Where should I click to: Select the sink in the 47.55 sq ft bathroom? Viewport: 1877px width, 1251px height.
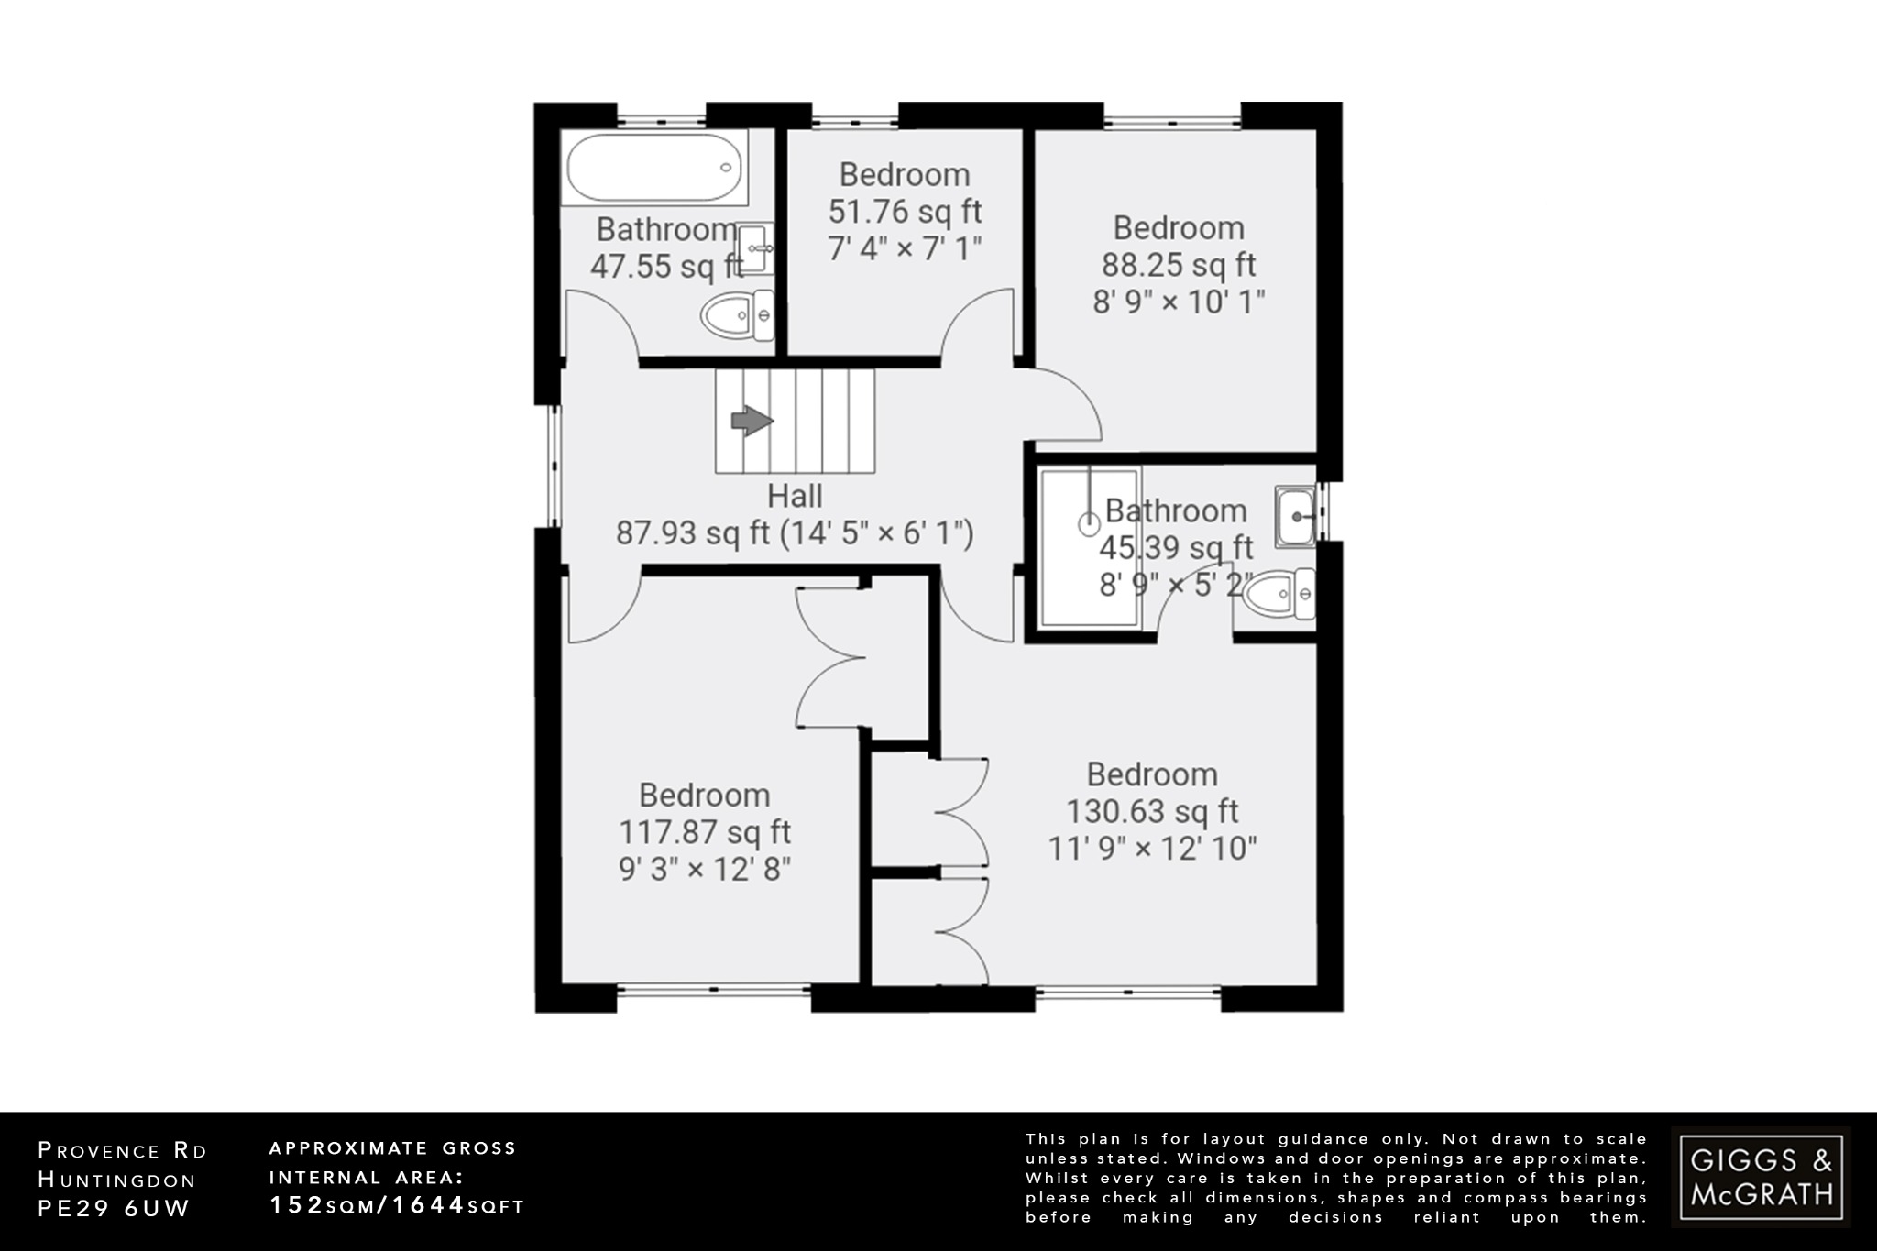pyautogui.click(x=755, y=247)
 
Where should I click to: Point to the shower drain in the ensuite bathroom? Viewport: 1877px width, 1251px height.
pyautogui.click(x=1090, y=524)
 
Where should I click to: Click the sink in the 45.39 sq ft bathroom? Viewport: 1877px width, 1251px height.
pyautogui.click(x=1295, y=516)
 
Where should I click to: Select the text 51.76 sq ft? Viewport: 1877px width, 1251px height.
pyautogui.click(x=905, y=212)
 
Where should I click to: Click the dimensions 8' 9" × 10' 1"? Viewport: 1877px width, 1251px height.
pyautogui.click(x=1179, y=302)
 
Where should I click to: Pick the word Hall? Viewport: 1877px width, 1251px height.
pyautogui.click(x=795, y=496)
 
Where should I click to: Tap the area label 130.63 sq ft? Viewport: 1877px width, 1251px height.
pyautogui.click(x=1152, y=811)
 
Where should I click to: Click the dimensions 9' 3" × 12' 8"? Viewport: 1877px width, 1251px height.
pyautogui.click(x=705, y=869)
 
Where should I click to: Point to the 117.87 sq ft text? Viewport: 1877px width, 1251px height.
pyautogui.click(x=705, y=832)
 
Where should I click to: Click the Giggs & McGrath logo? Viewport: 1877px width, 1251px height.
pyautogui.click(x=1761, y=1177)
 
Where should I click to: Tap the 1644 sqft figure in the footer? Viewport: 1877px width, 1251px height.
pyautogui.click(x=458, y=1205)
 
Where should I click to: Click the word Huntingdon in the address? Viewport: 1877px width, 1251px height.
pyautogui.click(x=117, y=1180)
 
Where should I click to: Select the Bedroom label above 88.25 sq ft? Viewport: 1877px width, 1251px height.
pyautogui.click(x=1179, y=227)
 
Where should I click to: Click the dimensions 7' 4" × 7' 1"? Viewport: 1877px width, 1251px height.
pyautogui.click(x=905, y=248)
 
